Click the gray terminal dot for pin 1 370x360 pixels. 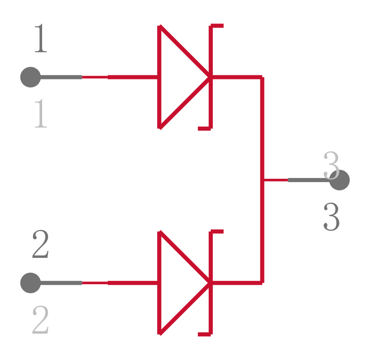click(x=31, y=77)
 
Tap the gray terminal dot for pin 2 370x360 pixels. click(x=31, y=283)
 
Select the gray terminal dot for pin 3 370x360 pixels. click(x=339, y=180)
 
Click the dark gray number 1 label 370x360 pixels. click(x=41, y=38)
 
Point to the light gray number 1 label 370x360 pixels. click(x=41, y=113)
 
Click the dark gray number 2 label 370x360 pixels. click(x=40, y=244)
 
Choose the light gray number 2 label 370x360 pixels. click(x=40, y=320)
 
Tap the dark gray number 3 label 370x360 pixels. click(x=332, y=216)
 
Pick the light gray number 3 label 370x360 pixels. click(x=332, y=165)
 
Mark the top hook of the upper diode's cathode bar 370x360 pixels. click(x=217, y=26)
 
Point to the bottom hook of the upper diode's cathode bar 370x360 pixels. click(x=204, y=128)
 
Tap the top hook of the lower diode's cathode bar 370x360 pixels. click(x=217, y=232)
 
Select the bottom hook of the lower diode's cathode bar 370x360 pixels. click(x=204, y=334)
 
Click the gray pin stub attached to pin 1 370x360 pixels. click(x=62, y=77)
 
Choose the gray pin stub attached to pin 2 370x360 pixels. click(x=62, y=283)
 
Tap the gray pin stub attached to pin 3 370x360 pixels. click(x=308, y=180)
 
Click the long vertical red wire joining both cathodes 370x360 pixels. click(x=262, y=180)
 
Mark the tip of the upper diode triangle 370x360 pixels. click(x=209, y=77)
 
